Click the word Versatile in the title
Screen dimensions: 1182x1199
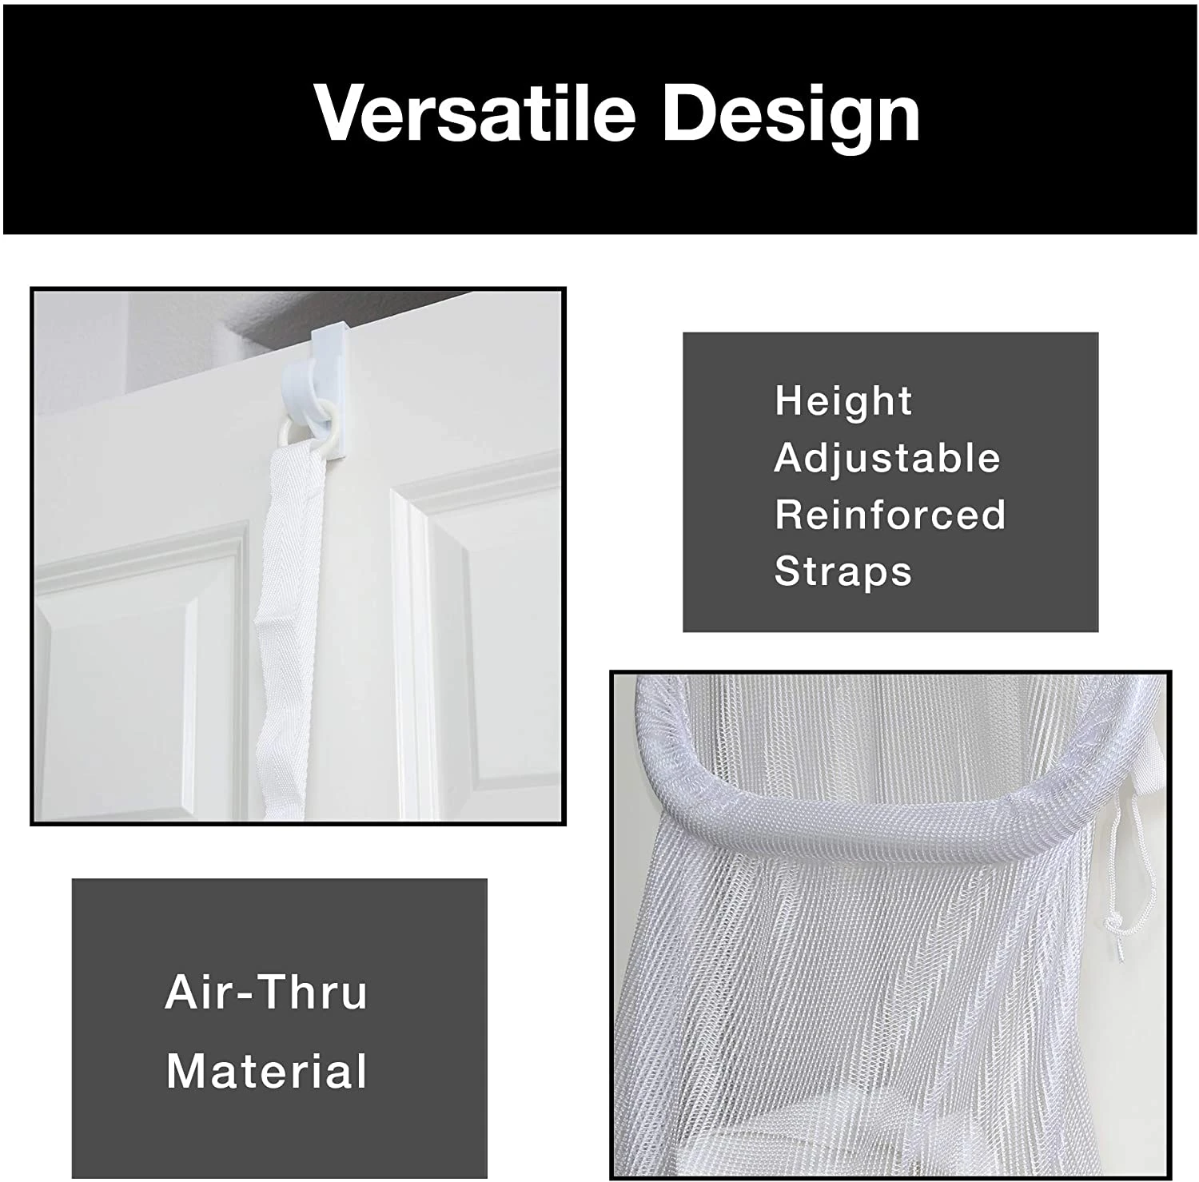[x=475, y=113]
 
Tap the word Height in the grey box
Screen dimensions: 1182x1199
[x=842, y=401]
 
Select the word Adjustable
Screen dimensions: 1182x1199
[x=887, y=459]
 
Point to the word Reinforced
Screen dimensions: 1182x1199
[x=890, y=515]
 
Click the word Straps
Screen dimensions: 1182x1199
[x=842, y=571]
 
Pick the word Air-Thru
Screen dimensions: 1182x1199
[x=266, y=992]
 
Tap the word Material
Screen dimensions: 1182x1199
[x=266, y=1071]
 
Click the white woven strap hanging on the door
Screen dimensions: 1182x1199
[x=289, y=607]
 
